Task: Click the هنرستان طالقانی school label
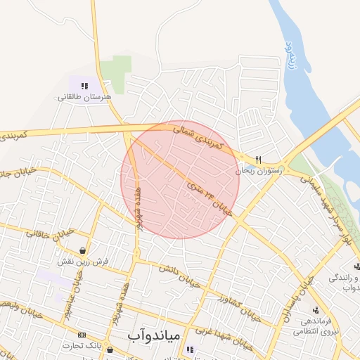point(84,96)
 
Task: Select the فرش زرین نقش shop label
point(85,261)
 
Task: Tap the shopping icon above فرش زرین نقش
point(84,250)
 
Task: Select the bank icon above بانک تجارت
point(82,335)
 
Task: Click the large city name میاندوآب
point(155,336)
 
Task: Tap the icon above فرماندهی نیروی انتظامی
point(316,309)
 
